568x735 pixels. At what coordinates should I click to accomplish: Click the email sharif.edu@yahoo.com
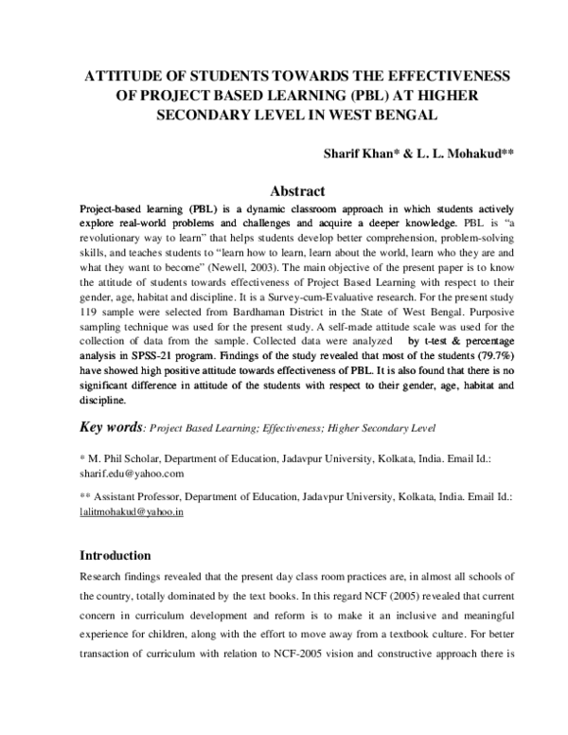click(x=132, y=473)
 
